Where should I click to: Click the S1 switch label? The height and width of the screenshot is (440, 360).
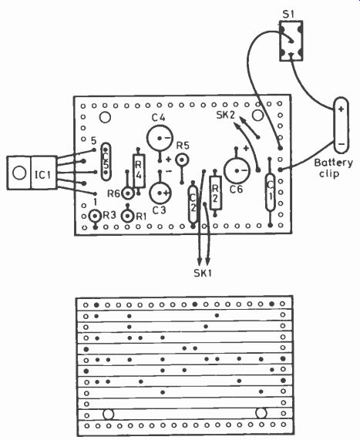[x=288, y=14]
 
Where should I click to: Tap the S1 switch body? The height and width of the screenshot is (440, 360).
[x=291, y=41]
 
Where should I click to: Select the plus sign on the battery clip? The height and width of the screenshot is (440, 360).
[x=341, y=109]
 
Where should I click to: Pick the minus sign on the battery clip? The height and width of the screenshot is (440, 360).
[x=341, y=143]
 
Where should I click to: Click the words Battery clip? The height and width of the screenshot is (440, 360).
[x=333, y=168]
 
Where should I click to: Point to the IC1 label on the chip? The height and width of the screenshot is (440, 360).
[x=43, y=175]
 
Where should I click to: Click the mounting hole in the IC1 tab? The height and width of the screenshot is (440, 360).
[x=19, y=173]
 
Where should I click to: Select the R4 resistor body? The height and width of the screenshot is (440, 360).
[x=139, y=171]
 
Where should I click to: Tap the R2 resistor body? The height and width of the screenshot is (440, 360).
[x=215, y=193]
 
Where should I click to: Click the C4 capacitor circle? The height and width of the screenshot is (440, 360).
[x=160, y=138]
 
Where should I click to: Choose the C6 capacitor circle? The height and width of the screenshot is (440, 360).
[x=237, y=170]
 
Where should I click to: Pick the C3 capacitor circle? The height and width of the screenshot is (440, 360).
[x=160, y=193]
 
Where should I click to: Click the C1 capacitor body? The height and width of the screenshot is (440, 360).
[x=270, y=192]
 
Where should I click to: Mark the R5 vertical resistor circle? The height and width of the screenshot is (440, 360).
[x=182, y=160]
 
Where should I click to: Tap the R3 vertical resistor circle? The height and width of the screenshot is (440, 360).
[x=95, y=216]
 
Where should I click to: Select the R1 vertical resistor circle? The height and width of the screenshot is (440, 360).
[x=128, y=216]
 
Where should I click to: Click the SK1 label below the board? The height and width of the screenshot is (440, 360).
[x=203, y=273]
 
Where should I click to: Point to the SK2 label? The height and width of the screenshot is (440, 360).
[x=226, y=115]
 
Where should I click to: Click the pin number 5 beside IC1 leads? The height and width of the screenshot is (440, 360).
[x=94, y=140]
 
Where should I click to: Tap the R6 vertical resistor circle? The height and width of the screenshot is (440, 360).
[x=128, y=193]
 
